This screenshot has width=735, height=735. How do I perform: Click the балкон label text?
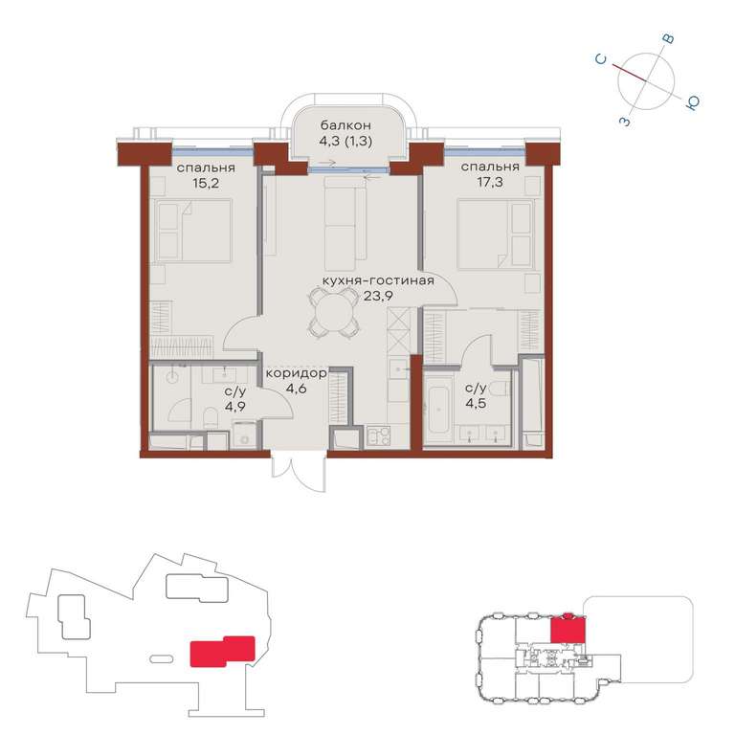coord(345,125)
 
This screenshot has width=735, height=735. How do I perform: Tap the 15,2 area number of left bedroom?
coord(206,183)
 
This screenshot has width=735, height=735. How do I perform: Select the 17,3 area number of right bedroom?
coord(490,182)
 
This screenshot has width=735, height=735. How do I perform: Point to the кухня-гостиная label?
coord(378,280)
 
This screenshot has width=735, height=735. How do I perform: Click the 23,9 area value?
coord(378,296)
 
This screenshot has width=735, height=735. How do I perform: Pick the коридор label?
coord(297,373)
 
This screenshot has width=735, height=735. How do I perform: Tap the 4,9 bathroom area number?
coord(234,406)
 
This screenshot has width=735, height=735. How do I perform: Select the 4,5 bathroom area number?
coord(476,403)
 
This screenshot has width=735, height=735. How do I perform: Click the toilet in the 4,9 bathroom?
coord(212,416)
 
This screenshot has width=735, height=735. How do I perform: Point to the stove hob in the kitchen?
coord(378,436)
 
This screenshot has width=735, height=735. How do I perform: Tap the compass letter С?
coord(601,59)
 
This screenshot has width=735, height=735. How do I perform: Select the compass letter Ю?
coord(692,103)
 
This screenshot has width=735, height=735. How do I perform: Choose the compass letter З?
coord(625,122)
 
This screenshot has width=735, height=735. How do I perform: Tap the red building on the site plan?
coord(222,651)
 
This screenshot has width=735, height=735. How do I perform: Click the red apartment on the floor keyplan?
coord(568,629)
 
